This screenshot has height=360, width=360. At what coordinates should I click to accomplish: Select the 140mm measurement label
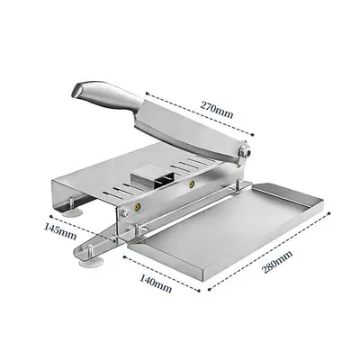[157, 286]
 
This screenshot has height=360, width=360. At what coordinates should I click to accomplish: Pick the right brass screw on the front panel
[190, 184]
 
